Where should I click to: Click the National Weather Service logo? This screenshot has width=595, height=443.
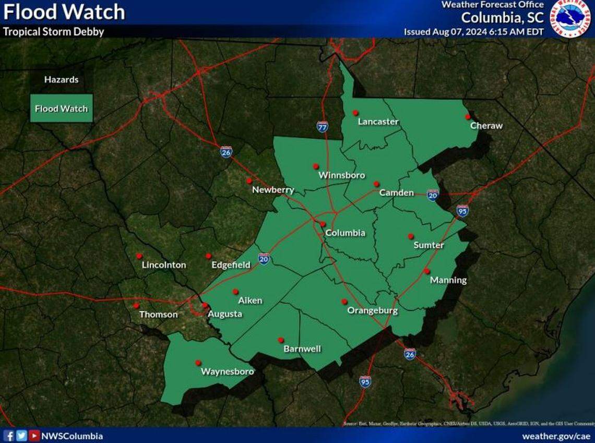572,19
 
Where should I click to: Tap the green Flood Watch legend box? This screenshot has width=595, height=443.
61,109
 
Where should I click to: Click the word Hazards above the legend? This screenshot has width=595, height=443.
61,80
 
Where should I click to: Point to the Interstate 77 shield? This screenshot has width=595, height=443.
322,126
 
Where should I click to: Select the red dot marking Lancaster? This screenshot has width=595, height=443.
355,112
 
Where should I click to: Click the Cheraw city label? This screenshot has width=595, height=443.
486,126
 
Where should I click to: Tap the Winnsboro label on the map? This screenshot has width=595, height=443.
341,175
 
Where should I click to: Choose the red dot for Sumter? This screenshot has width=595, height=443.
411,236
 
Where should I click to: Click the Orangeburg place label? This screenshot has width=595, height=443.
373,311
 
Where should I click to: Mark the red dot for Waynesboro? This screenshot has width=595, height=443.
198,363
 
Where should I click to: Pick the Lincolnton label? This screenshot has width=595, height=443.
163,265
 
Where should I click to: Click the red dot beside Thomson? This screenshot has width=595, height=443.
136,306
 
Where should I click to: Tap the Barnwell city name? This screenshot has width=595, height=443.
302,349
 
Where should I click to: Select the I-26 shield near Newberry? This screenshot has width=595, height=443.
225,152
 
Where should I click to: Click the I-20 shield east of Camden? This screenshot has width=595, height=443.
432,195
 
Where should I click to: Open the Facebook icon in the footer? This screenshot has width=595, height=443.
9,436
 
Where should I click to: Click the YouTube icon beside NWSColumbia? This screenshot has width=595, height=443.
34,436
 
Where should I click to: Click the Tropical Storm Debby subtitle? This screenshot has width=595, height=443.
54,31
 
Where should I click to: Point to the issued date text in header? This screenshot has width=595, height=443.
473,31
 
